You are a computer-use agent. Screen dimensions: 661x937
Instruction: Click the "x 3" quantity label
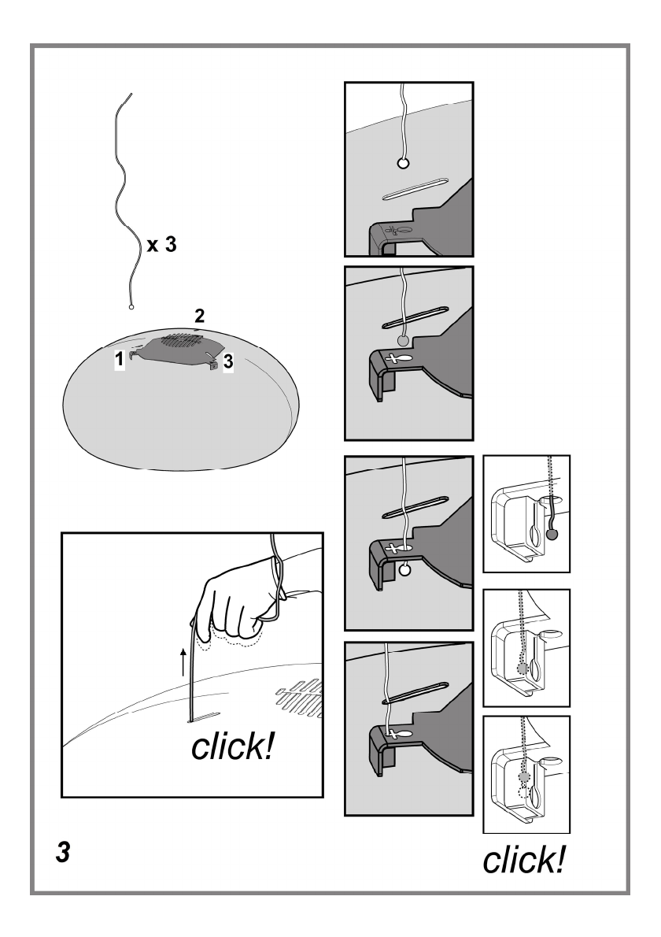[162, 244]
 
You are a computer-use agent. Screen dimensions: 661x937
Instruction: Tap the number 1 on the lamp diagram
[120, 358]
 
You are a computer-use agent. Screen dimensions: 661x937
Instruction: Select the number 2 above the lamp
[199, 316]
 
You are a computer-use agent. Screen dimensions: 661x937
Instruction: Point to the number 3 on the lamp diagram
[227, 361]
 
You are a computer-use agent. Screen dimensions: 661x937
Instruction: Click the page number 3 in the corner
[63, 852]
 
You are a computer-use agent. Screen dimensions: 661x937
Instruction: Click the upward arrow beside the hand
[183, 662]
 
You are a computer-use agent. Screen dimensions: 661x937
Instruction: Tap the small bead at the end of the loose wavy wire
[131, 307]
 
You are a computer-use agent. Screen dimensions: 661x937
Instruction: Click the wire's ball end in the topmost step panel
[403, 162]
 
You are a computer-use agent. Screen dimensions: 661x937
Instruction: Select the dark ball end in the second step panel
[403, 341]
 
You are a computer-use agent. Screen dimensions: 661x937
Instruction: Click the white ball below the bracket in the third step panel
[404, 569]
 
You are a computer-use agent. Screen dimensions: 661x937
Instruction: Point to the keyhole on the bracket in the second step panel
[399, 358]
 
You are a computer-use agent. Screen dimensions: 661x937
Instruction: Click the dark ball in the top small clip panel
[552, 535]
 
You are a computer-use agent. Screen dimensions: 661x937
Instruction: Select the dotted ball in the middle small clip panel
[523, 668]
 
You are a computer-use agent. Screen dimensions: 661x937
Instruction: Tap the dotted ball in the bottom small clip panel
[525, 776]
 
